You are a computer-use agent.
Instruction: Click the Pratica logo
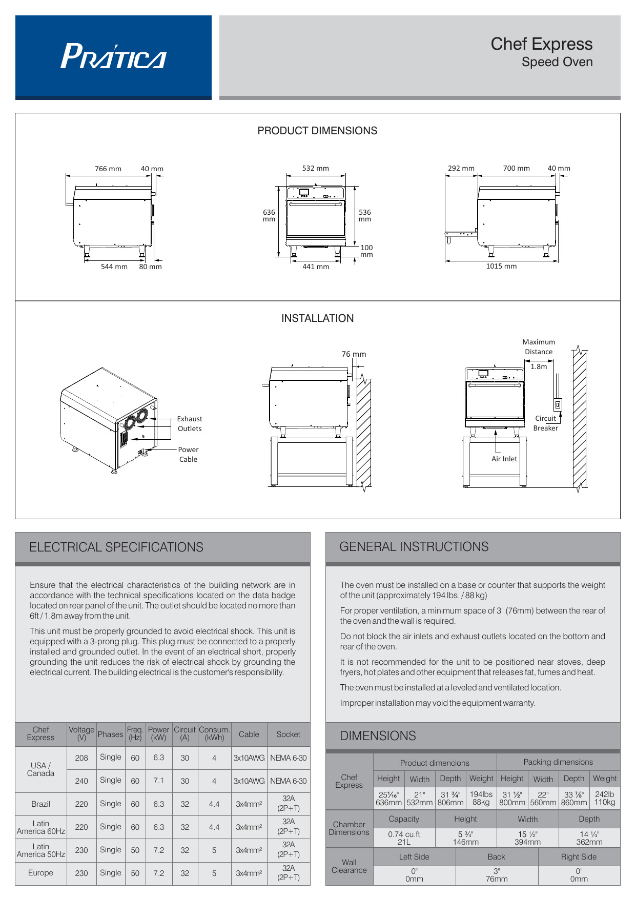[x=113, y=56]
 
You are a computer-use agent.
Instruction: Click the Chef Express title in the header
[x=541, y=44]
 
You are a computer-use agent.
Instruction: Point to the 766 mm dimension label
[x=108, y=169]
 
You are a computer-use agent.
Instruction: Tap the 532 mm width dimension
[x=315, y=168]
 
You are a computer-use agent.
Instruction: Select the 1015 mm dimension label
[x=501, y=266]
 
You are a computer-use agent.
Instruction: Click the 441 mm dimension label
[x=316, y=267]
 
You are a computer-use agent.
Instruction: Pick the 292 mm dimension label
[x=461, y=168]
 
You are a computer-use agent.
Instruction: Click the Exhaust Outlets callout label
[x=190, y=424]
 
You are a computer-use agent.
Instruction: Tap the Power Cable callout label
[x=188, y=455]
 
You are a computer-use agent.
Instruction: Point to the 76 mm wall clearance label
[x=354, y=354]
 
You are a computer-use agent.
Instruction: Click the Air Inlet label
[x=504, y=459]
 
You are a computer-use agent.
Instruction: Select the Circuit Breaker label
[x=545, y=423]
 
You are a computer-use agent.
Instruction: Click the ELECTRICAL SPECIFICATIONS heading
[x=116, y=547]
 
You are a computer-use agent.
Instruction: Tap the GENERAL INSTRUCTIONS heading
[x=414, y=547]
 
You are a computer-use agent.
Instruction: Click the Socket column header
[x=289, y=734]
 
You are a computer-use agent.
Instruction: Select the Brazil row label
[x=40, y=804]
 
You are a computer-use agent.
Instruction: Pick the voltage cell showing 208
[x=81, y=758]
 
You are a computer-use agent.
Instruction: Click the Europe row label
[x=40, y=873]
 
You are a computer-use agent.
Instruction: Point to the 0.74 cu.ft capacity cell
[x=404, y=838]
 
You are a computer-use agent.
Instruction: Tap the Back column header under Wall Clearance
[x=496, y=857]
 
